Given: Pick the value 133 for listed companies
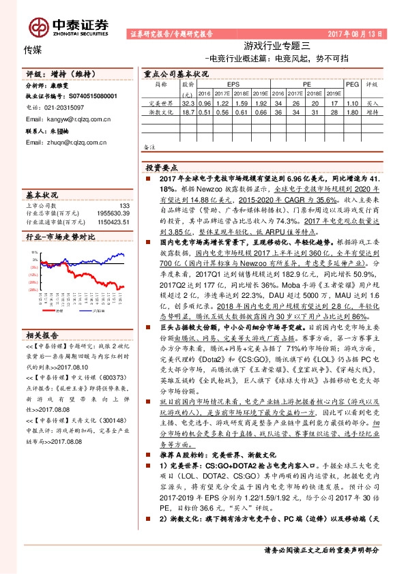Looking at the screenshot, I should click(x=124, y=205).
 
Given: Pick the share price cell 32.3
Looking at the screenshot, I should click(x=189, y=103).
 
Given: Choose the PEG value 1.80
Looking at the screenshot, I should click(x=352, y=112).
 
